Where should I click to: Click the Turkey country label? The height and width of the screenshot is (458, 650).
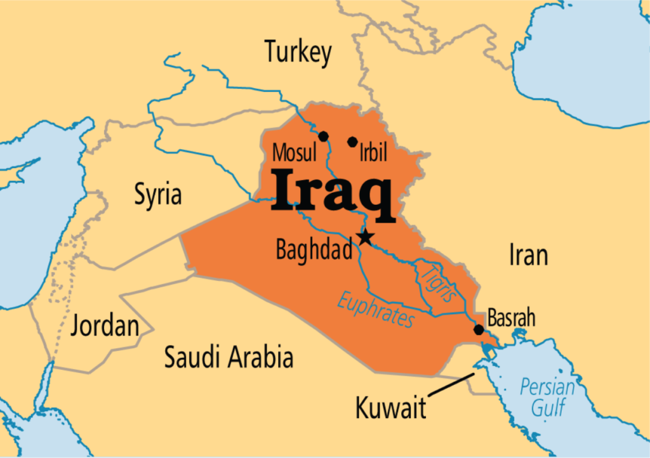coord(298,52)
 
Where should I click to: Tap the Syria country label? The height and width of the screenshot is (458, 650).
coord(157,194)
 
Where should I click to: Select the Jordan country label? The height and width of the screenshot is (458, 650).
coord(105,325)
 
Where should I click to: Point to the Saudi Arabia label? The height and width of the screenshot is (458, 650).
coord(229,358)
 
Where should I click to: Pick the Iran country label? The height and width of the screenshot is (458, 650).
coord(528,255)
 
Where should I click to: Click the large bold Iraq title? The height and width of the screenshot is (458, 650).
coord(333,190)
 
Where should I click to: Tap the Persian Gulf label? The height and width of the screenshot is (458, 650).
coord(547,396)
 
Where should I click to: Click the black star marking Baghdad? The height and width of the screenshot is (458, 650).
coord(364,238)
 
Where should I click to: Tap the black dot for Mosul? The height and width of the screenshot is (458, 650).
coord(323,136)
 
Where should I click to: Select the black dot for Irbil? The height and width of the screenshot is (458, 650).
coord(352,141)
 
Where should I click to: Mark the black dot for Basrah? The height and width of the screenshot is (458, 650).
coord(479,330)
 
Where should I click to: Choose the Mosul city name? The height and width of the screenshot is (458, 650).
coord(294,153)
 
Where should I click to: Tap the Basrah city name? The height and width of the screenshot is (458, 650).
coord(512,318)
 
